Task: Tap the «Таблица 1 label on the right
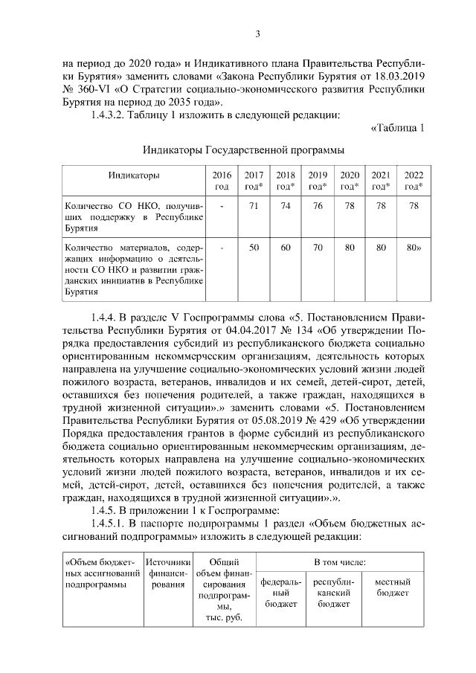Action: pyautogui.click(x=397, y=127)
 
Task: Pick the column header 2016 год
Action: pyautogui.click(x=222, y=180)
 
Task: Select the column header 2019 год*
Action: pyautogui.click(x=318, y=180)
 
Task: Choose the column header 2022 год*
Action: pyautogui.click(x=413, y=180)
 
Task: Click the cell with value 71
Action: pyautogui.click(x=254, y=205)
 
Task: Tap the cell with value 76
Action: pyautogui.click(x=318, y=205)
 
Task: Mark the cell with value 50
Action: pyautogui.click(x=254, y=247)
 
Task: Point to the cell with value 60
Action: pyautogui.click(x=286, y=247)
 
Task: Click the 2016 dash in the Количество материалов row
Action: pyautogui.click(x=222, y=247)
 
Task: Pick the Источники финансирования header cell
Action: pyautogui.click(x=169, y=574)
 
